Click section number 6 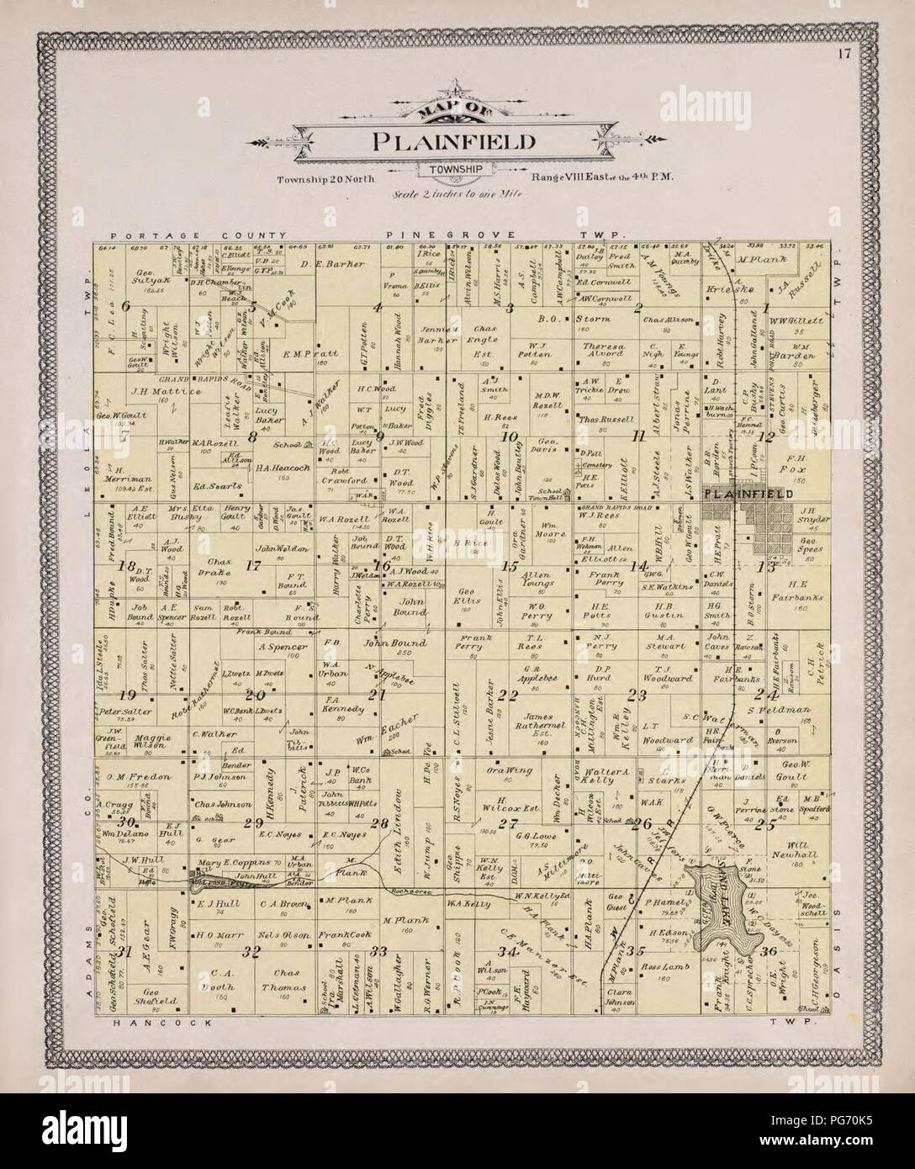(126, 307)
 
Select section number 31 (125, 952)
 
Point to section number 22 (506, 695)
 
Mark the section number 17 (252, 565)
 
